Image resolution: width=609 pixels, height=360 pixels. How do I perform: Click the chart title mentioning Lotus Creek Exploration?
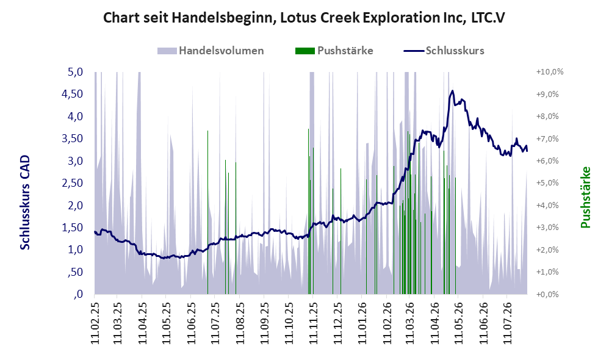304,18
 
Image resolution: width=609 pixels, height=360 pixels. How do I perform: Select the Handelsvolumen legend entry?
211,51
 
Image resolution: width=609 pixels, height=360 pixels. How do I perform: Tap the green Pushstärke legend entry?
334,51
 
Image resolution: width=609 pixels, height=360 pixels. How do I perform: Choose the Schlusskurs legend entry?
444,51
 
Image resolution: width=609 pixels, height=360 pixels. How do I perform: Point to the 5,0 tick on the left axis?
75,72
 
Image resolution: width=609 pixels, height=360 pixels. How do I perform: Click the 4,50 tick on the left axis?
72,94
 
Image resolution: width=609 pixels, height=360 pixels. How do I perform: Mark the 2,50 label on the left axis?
72,183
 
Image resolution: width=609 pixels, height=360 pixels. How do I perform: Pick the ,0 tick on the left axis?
78,294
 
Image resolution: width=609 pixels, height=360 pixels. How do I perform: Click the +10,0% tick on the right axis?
550,72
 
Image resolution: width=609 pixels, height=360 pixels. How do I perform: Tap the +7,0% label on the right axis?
547,139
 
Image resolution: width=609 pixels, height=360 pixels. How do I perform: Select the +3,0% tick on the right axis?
547,227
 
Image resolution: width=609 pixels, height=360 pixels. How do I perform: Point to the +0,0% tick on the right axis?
547,294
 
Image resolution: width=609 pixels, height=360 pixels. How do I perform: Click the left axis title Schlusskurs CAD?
25,203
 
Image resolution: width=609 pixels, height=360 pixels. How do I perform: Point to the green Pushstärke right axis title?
585,197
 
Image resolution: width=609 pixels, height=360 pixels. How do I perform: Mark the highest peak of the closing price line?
452,91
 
